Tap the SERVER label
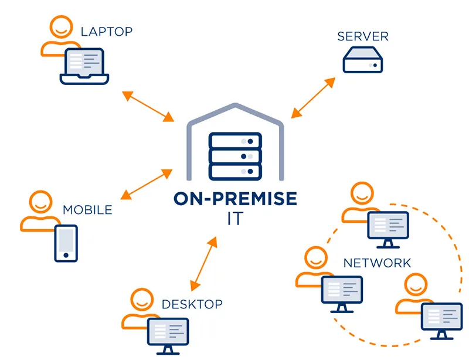tap(363, 37)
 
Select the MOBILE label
tap(87, 209)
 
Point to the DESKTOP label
tap(192, 304)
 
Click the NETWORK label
tap(377, 263)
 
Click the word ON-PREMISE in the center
tap(235, 198)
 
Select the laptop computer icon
tap(84, 65)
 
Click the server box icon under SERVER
tap(362, 60)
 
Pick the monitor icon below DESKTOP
tap(168, 335)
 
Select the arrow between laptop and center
tap(147, 106)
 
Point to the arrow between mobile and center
tap(146, 184)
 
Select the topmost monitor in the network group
tap(387, 226)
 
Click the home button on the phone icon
tap(66, 256)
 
